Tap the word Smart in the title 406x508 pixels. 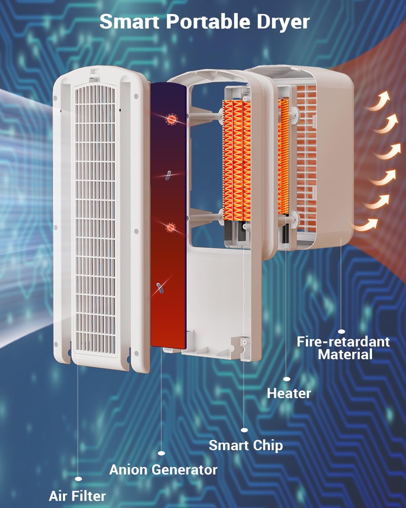130,22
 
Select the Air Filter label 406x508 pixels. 77,496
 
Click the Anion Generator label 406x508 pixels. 163,470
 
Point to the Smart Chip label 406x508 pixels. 246,446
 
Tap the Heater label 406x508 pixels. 289,393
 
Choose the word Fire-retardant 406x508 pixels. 343,342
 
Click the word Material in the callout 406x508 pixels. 345,354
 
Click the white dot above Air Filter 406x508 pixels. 79,479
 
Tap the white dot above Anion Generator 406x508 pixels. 161,453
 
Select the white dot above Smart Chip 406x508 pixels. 244,430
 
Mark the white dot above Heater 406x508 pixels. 287,379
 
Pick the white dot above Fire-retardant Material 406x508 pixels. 341,332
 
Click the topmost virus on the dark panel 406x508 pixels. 171,119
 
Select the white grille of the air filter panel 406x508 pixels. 95,219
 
